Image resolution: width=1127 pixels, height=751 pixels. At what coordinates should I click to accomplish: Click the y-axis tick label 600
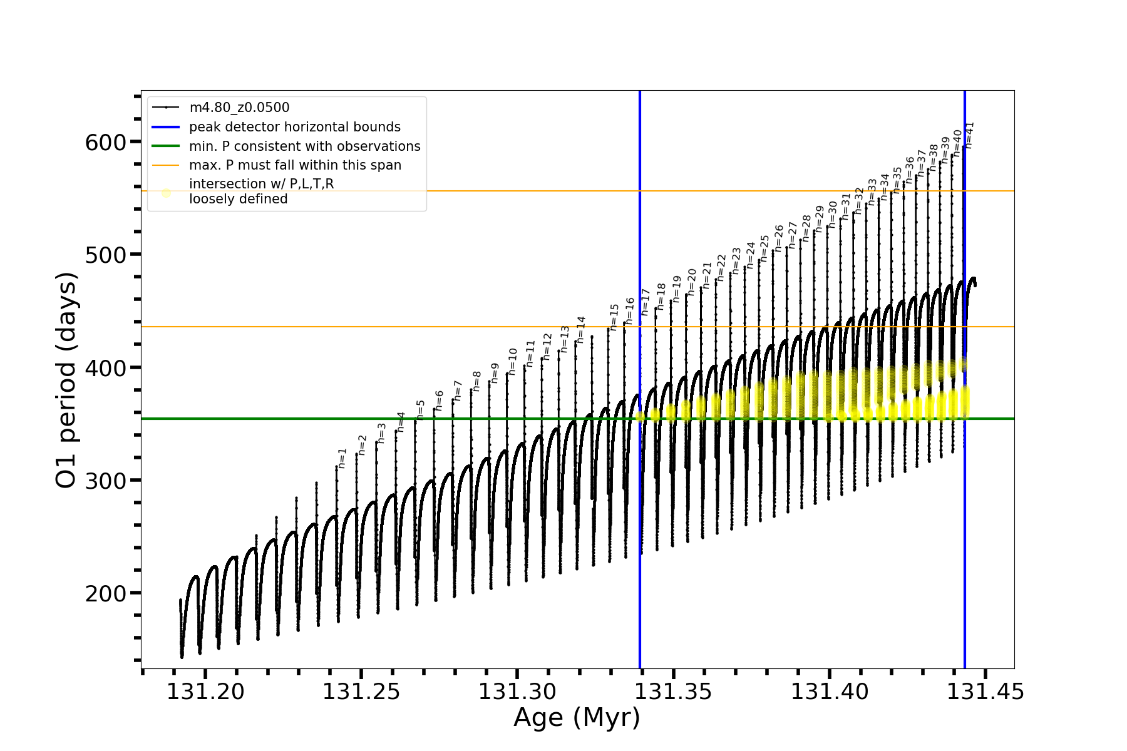pos(105,143)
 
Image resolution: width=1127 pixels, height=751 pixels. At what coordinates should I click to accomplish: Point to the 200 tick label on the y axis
pos(105,594)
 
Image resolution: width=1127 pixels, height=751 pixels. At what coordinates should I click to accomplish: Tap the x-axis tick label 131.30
pos(517,692)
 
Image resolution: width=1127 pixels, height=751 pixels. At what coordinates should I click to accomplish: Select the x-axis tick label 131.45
pos(985,692)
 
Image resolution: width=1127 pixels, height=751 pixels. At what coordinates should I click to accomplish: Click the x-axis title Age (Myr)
pos(577,718)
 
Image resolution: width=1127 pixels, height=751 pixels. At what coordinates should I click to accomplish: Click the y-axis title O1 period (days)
pos(66,380)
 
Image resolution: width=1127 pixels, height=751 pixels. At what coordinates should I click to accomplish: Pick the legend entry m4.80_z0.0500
pos(239,108)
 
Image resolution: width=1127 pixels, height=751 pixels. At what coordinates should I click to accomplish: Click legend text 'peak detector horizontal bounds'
pos(295,127)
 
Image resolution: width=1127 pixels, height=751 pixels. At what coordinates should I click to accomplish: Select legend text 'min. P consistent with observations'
pos(305,146)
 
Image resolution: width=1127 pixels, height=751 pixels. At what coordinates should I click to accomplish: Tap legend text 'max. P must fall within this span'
pos(295,165)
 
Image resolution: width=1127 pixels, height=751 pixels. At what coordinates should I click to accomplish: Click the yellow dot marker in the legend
pos(166,193)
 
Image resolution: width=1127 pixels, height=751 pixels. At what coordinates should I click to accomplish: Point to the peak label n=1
pos(342,458)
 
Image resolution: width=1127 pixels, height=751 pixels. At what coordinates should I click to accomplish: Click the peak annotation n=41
pos(970,135)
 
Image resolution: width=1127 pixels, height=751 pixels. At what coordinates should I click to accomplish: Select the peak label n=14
pos(581,329)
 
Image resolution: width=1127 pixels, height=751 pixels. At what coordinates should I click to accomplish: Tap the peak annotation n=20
pos(691,282)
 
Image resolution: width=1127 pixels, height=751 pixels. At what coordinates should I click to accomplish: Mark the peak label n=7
pos(458,391)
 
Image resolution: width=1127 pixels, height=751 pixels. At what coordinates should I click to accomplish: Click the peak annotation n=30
pos(832,214)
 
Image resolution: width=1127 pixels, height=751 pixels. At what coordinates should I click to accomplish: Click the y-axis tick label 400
pos(105,368)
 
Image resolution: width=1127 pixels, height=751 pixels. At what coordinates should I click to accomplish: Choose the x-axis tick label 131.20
pos(205,692)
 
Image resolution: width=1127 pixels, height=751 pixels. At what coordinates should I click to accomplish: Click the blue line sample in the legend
pos(166,127)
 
